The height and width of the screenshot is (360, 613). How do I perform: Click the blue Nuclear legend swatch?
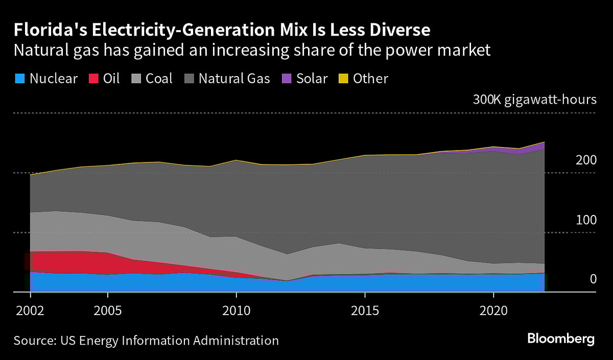click(20, 79)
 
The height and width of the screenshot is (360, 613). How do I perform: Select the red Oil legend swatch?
click(95, 79)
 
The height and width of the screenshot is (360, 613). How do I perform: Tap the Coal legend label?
click(159, 79)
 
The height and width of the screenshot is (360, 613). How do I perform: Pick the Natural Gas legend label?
click(234, 79)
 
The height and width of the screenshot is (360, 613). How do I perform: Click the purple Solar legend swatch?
click(287, 79)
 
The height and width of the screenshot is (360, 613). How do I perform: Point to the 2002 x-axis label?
click(31, 310)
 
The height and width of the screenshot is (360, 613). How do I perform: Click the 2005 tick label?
click(108, 310)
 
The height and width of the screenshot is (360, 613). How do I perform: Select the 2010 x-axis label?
click(236, 310)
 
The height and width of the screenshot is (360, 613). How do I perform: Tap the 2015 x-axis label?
click(365, 310)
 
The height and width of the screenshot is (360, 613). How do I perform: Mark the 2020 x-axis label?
click(493, 310)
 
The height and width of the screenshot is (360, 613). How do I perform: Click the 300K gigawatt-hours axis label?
click(534, 100)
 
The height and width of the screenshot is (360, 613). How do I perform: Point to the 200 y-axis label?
click(586, 160)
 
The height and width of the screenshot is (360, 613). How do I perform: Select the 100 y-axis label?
click(586, 220)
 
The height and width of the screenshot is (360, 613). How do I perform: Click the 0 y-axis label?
click(593, 279)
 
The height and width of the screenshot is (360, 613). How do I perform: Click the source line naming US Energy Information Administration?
click(146, 341)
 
